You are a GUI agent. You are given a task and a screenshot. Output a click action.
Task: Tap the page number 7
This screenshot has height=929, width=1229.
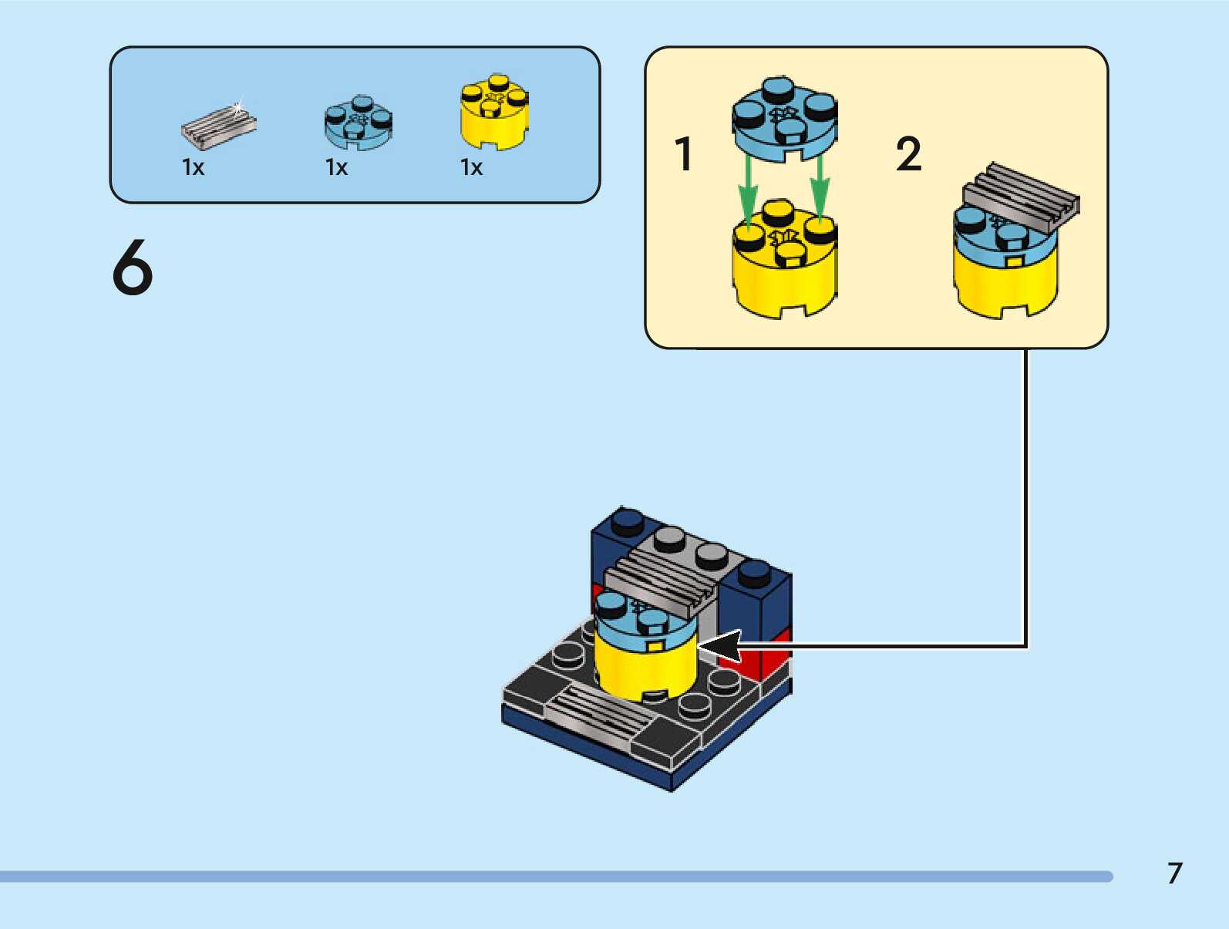pos(1174,873)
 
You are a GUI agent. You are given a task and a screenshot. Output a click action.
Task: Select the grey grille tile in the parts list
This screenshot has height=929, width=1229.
pos(218,126)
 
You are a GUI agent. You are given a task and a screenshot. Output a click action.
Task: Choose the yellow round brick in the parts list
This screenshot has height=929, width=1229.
pos(494,113)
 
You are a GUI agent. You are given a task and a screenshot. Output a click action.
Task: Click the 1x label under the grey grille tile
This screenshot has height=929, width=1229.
pos(193,167)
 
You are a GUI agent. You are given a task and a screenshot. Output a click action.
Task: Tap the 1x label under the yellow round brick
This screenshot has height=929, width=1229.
pos(471,167)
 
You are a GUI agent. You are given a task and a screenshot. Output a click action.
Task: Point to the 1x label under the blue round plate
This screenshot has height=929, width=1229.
pos(336,167)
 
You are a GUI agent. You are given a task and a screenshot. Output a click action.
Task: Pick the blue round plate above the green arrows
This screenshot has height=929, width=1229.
pos(783,119)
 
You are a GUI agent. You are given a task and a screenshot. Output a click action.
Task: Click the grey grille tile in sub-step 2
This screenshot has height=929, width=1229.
pos(1021,195)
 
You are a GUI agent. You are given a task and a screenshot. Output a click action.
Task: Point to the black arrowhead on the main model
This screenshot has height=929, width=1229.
pos(720,646)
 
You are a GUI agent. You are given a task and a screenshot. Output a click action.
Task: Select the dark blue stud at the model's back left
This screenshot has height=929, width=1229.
pos(627,520)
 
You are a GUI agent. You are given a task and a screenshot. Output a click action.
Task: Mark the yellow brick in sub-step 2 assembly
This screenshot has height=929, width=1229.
pos(1005,285)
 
